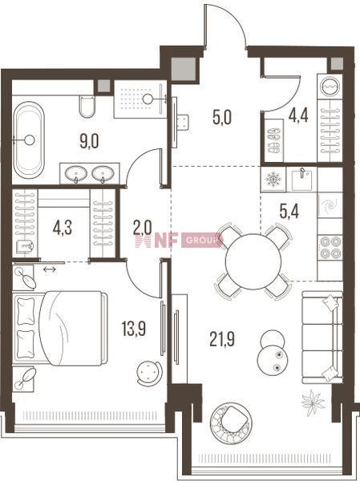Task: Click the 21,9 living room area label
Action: [x=222, y=339]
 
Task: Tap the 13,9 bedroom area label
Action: [x=134, y=329]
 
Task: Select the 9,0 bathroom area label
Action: [x=89, y=141]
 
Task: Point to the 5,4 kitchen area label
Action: [x=289, y=211]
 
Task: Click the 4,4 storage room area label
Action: [x=298, y=115]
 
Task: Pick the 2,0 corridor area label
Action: [x=143, y=228]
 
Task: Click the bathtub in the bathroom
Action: [x=29, y=139]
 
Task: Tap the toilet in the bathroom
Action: [x=87, y=106]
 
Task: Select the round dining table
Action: [x=253, y=261]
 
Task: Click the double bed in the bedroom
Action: [x=60, y=328]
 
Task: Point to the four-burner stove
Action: [x=330, y=248]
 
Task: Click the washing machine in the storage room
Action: [x=330, y=86]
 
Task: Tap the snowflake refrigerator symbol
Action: [x=273, y=179]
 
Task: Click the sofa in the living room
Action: [x=322, y=338]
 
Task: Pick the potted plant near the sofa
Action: [x=313, y=402]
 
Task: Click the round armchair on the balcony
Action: [x=232, y=422]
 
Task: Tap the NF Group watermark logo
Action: [x=179, y=240]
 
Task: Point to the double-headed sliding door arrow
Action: [x=50, y=269]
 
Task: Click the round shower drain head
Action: [x=148, y=99]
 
